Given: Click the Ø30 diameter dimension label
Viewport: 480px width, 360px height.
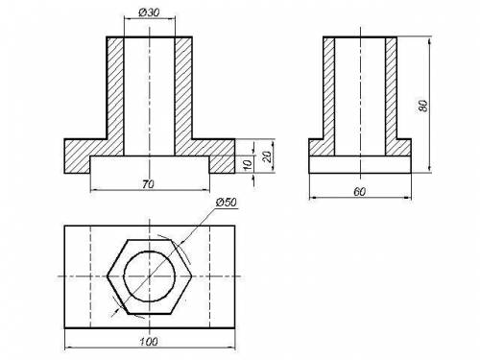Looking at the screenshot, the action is tap(149, 12).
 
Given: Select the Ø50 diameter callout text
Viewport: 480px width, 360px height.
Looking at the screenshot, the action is tap(227, 203).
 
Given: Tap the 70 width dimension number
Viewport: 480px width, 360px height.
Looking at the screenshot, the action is tap(148, 184).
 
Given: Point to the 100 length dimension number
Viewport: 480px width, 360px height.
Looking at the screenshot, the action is tap(149, 342).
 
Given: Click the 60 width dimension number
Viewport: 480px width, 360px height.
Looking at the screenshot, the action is tap(359, 192).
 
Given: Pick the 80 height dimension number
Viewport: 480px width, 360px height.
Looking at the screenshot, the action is tap(423, 106).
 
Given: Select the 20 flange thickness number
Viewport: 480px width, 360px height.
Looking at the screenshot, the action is tap(267, 156).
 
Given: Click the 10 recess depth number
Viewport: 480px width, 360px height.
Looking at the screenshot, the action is tap(248, 164).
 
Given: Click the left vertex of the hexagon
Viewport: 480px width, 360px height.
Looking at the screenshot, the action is tap(108, 276).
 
